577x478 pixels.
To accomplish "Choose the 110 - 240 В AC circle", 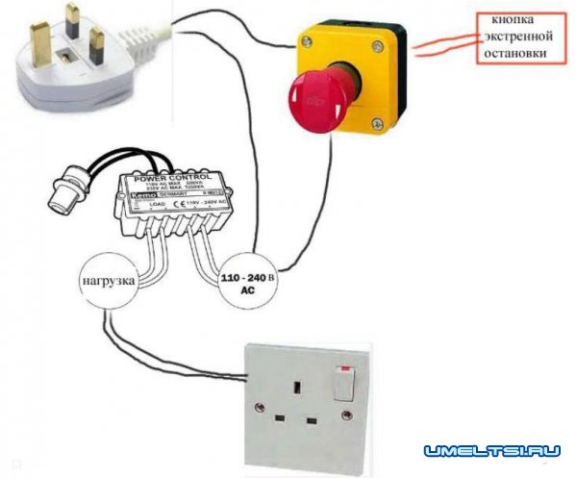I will pyautogui.click(x=250, y=282).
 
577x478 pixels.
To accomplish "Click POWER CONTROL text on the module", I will pyautogui.click(x=180, y=179).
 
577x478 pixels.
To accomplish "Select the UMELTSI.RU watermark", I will pyautogui.click(x=489, y=449).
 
